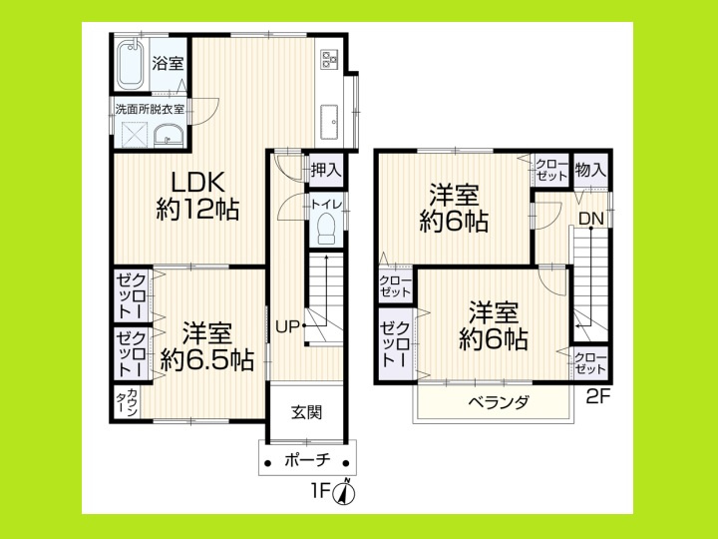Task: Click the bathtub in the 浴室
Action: coord(130,64)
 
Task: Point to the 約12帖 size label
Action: coord(197,210)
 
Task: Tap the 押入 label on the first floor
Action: coord(325,170)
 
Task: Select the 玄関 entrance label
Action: coord(306,413)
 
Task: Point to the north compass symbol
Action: coord(347,491)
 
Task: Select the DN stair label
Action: coord(590,218)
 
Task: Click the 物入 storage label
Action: coord(590,171)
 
